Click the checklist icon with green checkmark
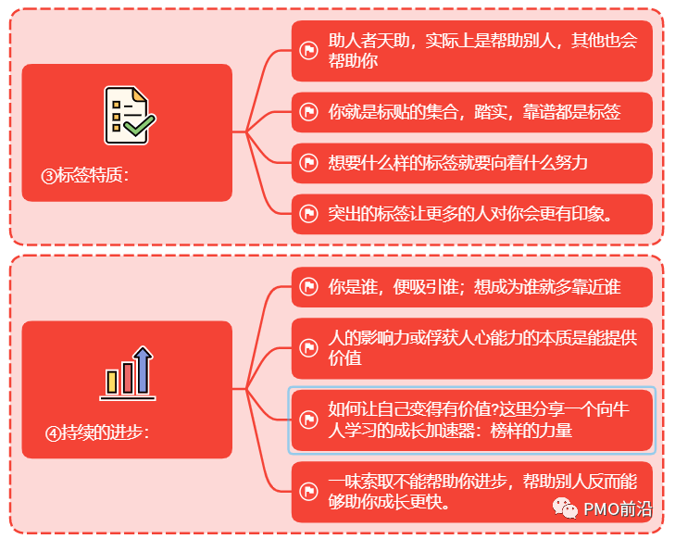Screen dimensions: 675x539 [128, 115]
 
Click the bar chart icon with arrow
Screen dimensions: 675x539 [128, 372]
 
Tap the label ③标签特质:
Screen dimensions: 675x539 [85, 175]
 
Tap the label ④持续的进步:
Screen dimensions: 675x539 [96, 432]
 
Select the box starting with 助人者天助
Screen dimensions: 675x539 [471, 51]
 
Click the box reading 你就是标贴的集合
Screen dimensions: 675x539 [471, 113]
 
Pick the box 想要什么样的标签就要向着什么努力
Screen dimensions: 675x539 [471, 163]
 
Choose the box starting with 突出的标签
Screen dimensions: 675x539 [471, 215]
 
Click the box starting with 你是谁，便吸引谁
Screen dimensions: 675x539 [471, 287]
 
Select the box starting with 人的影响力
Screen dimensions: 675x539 [471, 348]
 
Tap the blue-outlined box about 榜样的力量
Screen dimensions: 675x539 [471, 420]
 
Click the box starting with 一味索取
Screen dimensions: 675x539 [471, 492]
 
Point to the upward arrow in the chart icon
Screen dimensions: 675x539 [143, 368]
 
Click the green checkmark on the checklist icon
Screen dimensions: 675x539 [137, 125]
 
